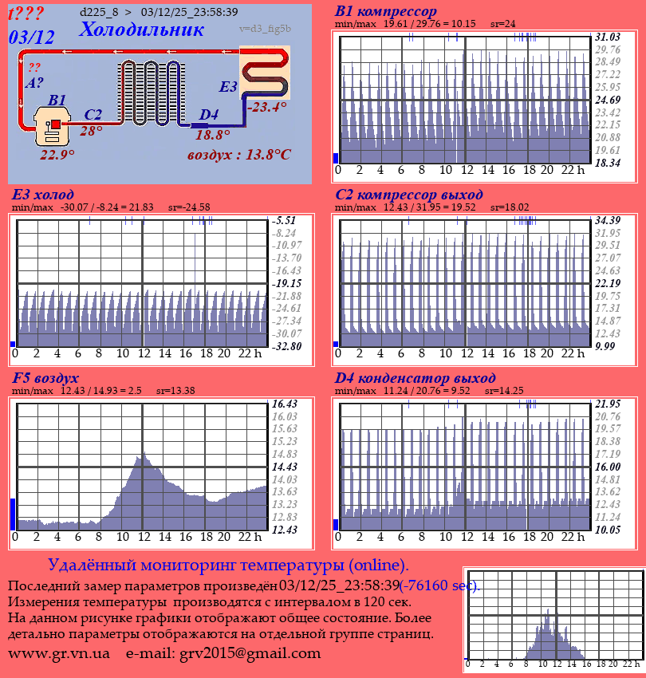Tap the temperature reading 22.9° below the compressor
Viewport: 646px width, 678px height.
(57, 155)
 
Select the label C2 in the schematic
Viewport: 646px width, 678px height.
(93, 115)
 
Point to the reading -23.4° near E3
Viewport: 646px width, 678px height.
(266, 107)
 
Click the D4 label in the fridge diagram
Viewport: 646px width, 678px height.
(208, 116)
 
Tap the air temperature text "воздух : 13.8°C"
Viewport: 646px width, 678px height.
(238, 154)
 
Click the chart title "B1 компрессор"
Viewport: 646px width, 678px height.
(385, 12)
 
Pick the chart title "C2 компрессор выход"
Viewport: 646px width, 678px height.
(408, 195)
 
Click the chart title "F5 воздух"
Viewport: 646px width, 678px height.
(45, 378)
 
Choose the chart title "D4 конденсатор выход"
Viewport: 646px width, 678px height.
(415, 378)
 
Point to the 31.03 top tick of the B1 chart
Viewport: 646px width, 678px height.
(608, 37)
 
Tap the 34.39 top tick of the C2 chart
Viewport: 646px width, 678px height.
(608, 220)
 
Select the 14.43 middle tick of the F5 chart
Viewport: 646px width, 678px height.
(285, 467)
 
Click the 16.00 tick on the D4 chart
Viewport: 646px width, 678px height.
(608, 467)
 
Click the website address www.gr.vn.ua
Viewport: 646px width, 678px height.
(58, 653)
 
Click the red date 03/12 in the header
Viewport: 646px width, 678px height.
(32, 37)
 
